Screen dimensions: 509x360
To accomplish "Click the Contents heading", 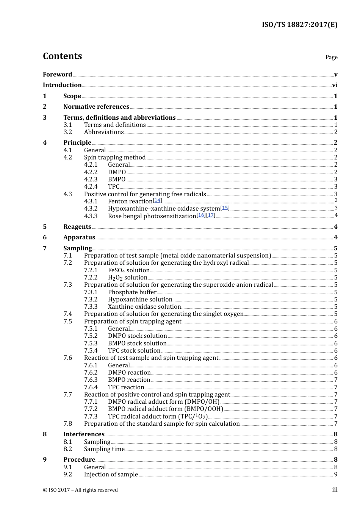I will tap(62, 56).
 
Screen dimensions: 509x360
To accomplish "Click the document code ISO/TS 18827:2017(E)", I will tap(299, 25).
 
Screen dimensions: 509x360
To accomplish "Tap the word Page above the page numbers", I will tap(331, 57).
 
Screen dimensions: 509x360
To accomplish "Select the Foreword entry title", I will tap(57, 74).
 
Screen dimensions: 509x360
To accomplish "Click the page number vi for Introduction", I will tap(335, 85).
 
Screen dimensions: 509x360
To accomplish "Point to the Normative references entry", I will tap(96, 106).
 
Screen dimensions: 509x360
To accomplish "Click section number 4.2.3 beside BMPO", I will tap(91, 179).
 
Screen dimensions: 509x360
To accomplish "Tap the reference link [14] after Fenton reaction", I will tap(157, 200).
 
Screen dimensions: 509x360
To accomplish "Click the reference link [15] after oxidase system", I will tap(225, 208).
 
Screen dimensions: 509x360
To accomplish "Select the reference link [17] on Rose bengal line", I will tap(211, 215).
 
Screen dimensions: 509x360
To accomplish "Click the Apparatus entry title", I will tap(79, 237).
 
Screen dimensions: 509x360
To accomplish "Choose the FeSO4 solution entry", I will tap(128, 270).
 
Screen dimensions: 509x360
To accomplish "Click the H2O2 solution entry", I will tap(127, 278).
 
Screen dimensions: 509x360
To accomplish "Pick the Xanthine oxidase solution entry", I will tap(144, 306).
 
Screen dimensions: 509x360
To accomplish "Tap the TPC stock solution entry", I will tap(134, 350).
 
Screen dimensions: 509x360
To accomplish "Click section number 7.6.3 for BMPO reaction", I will tap(91, 379).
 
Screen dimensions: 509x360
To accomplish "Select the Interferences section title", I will tap(84, 434).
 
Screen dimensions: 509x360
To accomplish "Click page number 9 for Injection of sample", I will tap(336, 474).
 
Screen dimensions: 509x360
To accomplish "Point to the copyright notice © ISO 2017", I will tap(80, 490).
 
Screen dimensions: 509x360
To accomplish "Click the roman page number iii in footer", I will tap(335, 490).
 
